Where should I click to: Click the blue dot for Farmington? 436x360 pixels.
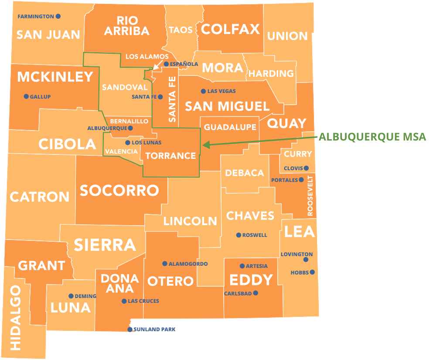pos(58,17)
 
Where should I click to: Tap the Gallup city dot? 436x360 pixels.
pos(26,96)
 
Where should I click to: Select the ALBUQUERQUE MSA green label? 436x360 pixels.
pos(372,137)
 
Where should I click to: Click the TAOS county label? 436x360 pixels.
pos(181,30)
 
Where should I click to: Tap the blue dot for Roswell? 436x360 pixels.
pos(238,235)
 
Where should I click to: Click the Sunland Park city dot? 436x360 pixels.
pos(130,329)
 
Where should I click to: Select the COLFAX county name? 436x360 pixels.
pos(230,29)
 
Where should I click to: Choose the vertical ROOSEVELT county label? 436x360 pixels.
pos(310,196)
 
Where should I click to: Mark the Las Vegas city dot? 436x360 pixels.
pos(203,91)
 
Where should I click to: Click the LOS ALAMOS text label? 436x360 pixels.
pos(147,57)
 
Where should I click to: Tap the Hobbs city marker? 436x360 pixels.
pos(312,272)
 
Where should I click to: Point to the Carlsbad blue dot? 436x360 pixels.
pos(255,293)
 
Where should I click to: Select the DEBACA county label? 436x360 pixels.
pos(245,173)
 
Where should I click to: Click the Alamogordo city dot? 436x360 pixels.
pos(165,264)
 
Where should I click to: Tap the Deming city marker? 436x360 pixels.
pos(71,296)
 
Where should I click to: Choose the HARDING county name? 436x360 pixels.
pos(271,73)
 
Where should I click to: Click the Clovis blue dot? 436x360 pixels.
pos(306,168)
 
